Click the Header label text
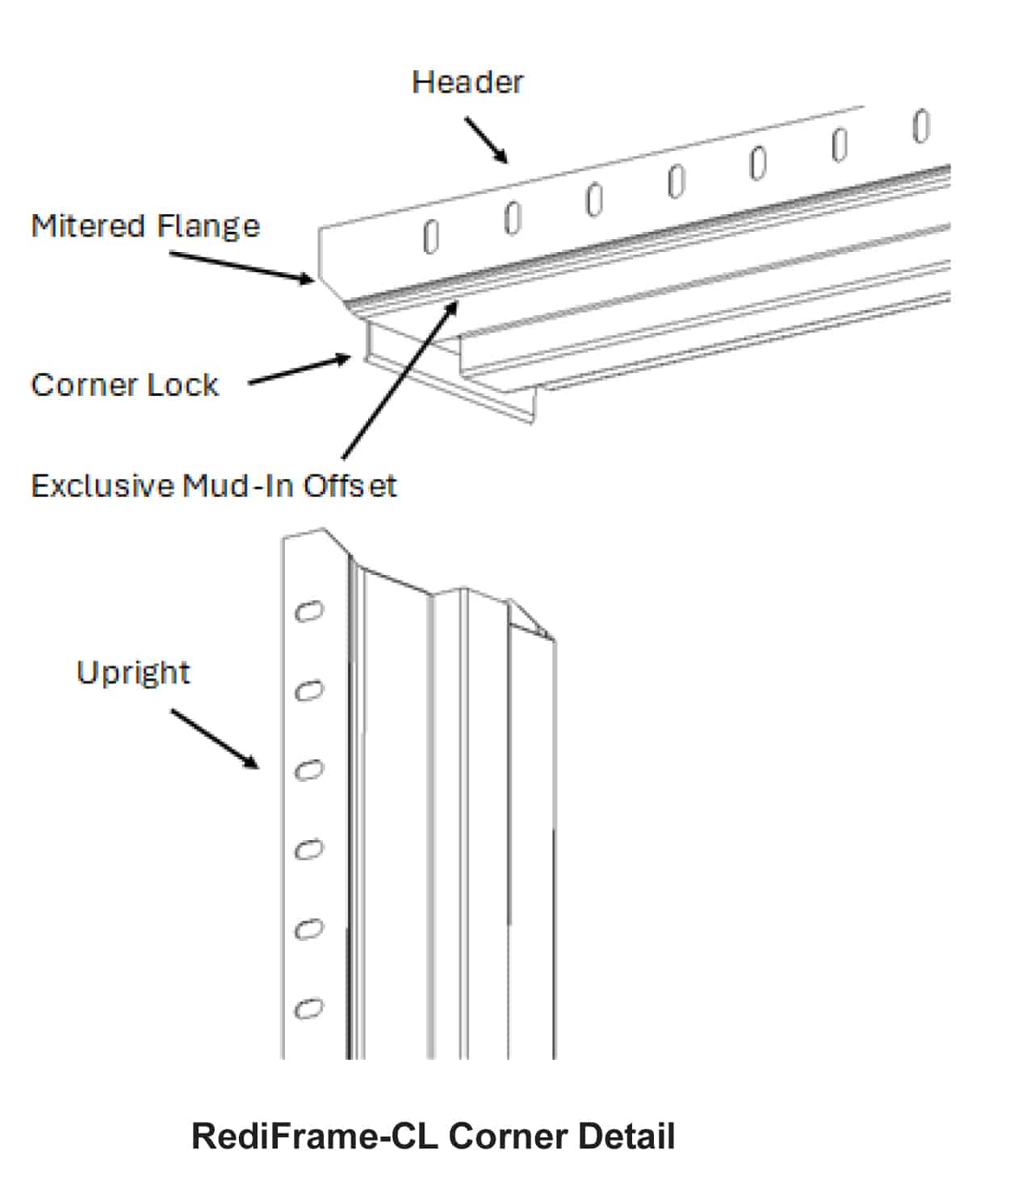pyautogui.click(x=467, y=82)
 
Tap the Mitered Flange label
pyautogui.click(x=145, y=226)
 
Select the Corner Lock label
pyautogui.click(x=124, y=384)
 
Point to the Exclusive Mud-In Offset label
pyautogui.click(x=213, y=485)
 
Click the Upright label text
pyautogui.click(x=133, y=673)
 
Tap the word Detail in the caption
pyautogui.click(x=627, y=1136)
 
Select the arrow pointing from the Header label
pyautogui.click(x=486, y=141)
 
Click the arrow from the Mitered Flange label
pyautogui.click(x=241, y=267)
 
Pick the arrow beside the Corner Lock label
pyautogui.click(x=300, y=370)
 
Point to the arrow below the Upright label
pyautogui.click(x=215, y=740)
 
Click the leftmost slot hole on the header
pyautogui.click(x=431, y=237)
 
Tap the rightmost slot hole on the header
pyautogui.click(x=920, y=125)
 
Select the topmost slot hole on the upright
pyautogui.click(x=308, y=611)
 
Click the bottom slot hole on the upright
pyautogui.click(x=308, y=1009)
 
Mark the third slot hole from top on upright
pyautogui.click(x=308, y=771)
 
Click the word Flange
pyautogui.click(x=208, y=226)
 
